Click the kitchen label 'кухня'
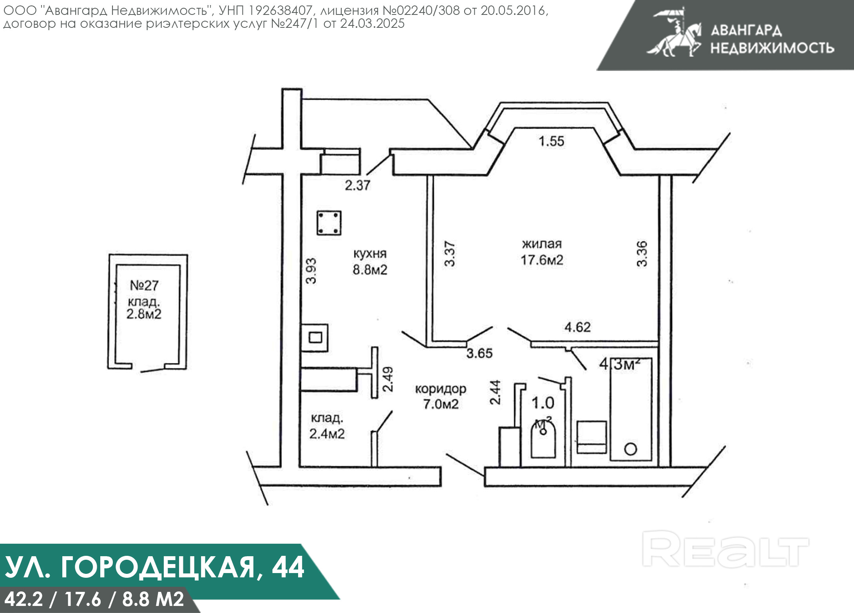point(370,254)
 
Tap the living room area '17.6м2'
point(542,260)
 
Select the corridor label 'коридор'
point(441,389)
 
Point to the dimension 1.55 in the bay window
point(551,141)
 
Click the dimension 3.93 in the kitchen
point(311,271)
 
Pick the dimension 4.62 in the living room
point(577,327)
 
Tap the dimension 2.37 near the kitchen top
point(357,185)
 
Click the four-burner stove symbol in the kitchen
point(329,223)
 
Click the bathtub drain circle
point(630,449)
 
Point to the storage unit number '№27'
point(144,285)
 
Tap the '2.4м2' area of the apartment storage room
point(327,434)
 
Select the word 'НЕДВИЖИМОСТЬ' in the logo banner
point(772,48)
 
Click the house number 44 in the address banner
point(288,567)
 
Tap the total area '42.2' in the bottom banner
point(24,599)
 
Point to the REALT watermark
point(726,549)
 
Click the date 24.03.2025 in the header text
point(372,24)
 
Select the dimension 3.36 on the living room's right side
point(642,254)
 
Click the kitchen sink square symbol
point(315,337)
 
